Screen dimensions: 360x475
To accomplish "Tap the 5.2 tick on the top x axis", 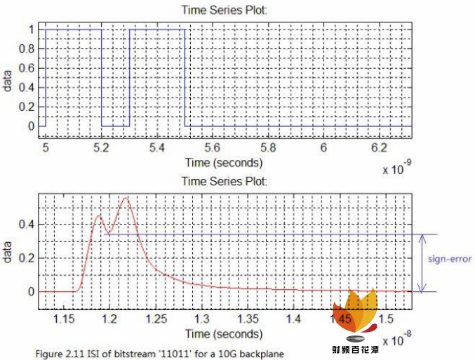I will click(x=102, y=148).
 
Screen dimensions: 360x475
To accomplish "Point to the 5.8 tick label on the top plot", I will click(x=268, y=148).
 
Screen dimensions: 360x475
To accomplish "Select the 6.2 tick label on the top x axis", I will click(x=379, y=148).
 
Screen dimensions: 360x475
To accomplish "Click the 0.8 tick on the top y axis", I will click(x=29, y=49).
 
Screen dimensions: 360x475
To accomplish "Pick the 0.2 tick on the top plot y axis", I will click(x=29, y=107).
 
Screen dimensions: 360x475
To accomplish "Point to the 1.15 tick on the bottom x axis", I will click(x=63, y=319).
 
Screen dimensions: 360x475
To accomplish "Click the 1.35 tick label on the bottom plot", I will click(x=247, y=319).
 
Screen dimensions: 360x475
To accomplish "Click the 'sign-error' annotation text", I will click(x=449, y=258).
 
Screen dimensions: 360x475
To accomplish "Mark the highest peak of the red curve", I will click(x=126, y=199).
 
